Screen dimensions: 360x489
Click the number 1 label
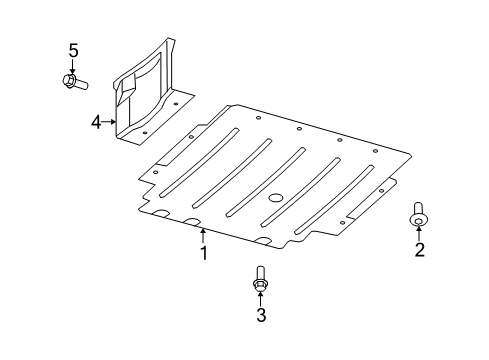(x=203, y=254)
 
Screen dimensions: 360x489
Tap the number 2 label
(x=419, y=249)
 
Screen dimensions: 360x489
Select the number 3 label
(x=260, y=317)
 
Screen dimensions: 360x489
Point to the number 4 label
(x=96, y=122)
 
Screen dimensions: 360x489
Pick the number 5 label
(x=72, y=49)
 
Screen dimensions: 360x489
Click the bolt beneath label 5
(x=74, y=80)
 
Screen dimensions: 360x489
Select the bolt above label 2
(x=418, y=213)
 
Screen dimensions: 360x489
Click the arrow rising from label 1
(x=203, y=236)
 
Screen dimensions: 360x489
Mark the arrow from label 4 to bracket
(x=109, y=122)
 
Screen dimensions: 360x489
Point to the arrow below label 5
(x=72, y=64)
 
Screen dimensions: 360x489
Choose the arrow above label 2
(x=419, y=233)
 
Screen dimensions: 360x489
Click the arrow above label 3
(x=260, y=299)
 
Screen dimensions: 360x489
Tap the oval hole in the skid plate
(x=276, y=195)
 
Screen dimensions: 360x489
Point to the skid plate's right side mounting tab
(x=370, y=205)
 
